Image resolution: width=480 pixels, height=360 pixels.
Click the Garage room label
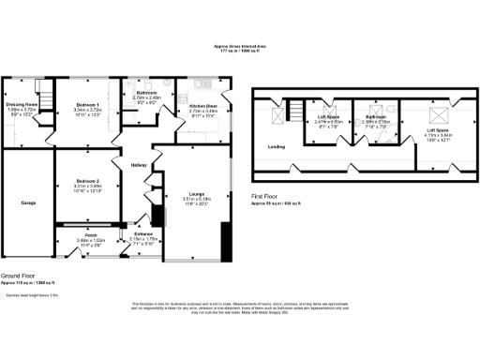point(28,201)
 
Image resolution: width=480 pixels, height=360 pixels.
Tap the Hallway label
point(140,165)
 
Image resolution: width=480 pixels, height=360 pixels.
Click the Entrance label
point(142,233)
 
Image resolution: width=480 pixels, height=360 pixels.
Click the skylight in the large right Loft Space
point(436,117)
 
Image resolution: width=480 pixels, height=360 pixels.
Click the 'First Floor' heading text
point(265,195)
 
